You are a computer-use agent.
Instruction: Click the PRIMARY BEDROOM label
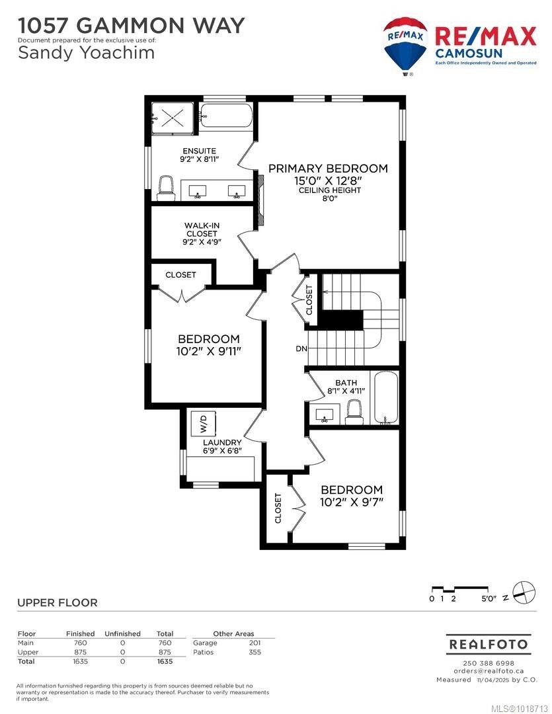point(328,168)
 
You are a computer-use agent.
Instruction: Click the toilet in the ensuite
point(165,188)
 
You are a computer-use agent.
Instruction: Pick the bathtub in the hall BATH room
point(387,398)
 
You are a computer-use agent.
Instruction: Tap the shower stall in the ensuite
point(173,120)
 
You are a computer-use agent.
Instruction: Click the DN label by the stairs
point(301,348)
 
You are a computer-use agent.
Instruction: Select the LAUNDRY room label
point(222,442)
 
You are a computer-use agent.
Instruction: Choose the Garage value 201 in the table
point(254,643)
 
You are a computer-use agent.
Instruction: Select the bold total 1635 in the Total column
point(164,661)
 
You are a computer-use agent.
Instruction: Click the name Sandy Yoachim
point(86,53)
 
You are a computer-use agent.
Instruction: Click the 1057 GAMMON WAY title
point(131,25)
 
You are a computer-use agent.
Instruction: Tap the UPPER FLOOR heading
point(57,602)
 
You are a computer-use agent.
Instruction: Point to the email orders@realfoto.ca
point(487,671)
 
